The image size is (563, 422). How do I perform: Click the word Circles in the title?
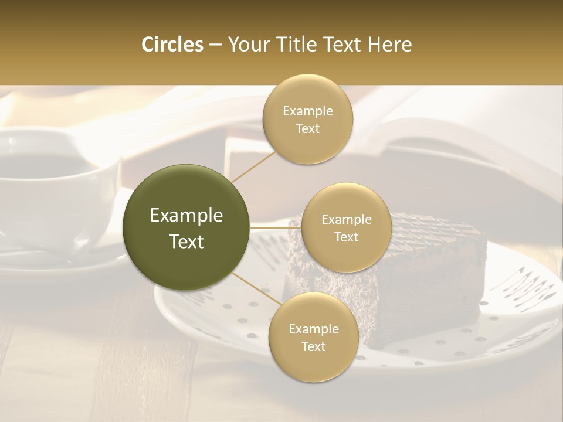172,45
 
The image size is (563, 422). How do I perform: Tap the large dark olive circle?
186,227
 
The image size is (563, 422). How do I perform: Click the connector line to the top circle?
252,165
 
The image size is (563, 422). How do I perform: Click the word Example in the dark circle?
186,216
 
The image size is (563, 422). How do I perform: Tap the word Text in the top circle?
307,129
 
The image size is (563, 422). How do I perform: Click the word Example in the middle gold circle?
346,220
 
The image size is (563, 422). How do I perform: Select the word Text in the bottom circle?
313,346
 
